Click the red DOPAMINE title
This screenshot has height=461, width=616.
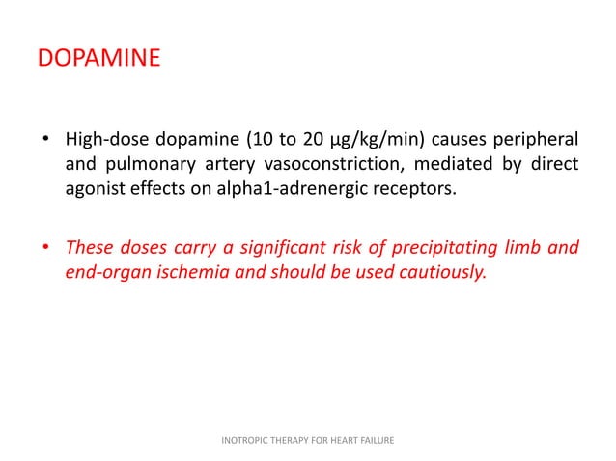pyautogui.click(x=98, y=61)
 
